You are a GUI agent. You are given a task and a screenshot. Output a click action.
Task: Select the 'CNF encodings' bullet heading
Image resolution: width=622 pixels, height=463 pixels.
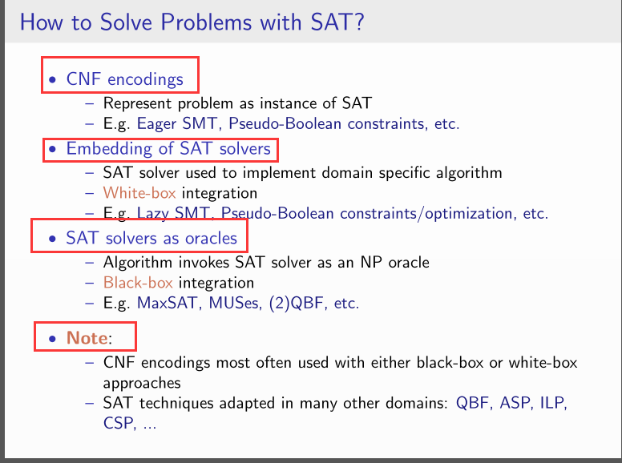click(124, 79)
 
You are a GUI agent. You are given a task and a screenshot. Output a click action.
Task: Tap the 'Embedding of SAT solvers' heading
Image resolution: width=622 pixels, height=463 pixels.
click(168, 149)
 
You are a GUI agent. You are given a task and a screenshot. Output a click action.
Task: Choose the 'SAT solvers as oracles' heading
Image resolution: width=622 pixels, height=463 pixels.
click(151, 238)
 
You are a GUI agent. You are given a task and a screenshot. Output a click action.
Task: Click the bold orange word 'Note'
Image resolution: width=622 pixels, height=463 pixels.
click(87, 338)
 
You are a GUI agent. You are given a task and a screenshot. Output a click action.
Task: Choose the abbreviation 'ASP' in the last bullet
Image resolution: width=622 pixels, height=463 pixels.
click(515, 403)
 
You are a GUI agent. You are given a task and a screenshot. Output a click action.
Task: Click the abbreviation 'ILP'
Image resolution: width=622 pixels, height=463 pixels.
click(554, 403)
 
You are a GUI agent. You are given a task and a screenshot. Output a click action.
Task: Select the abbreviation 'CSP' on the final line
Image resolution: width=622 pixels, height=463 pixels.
click(119, 423)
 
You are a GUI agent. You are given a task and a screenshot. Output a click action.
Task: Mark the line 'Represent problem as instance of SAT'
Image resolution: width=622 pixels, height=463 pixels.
click(237, 103)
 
